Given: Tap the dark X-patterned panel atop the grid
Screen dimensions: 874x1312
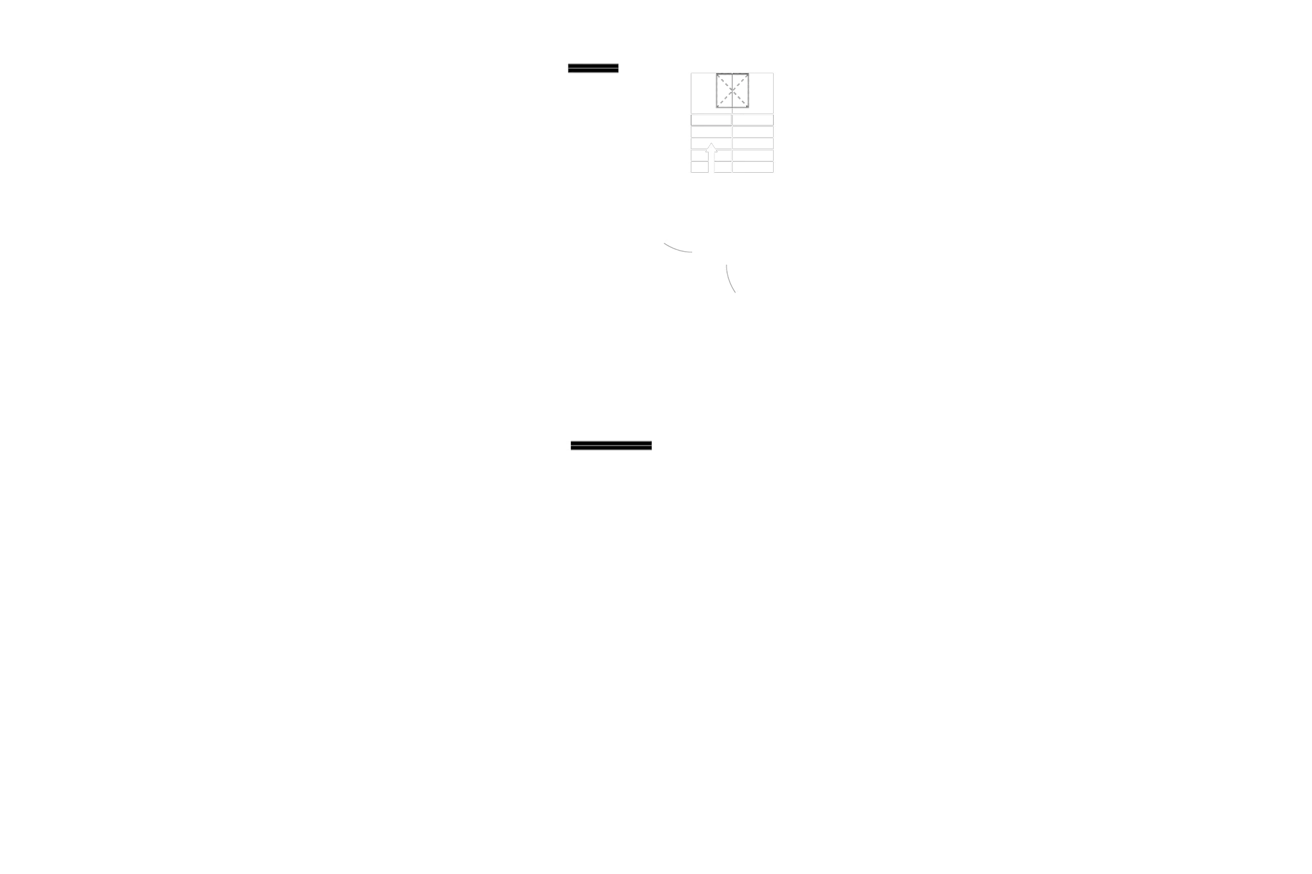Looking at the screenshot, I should (x=732, y=92).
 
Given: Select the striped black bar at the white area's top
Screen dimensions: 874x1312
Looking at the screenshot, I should (x=593, y=68).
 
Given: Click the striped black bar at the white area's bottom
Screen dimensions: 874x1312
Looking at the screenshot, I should (x=611, y=446).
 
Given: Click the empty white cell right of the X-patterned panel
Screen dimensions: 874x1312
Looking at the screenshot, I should (x=762, y=92).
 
